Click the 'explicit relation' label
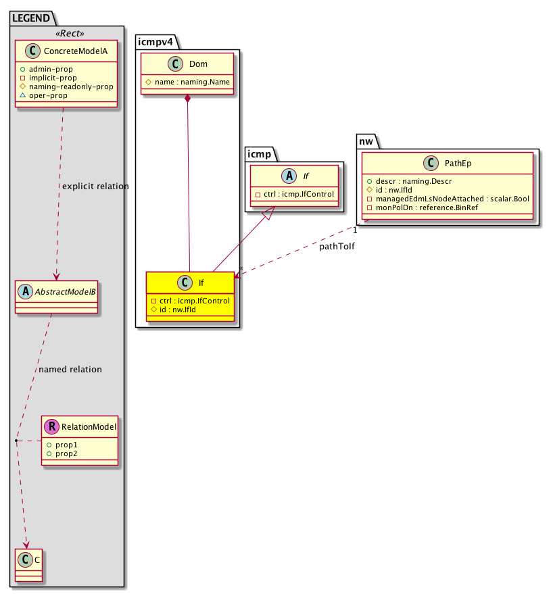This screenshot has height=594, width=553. click(95, 186)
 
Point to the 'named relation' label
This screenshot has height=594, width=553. click(70, 370)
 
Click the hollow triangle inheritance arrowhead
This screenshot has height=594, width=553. click(269, 213)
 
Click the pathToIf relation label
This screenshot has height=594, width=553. click(337, 247)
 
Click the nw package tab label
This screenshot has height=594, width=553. click(366, 140)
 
